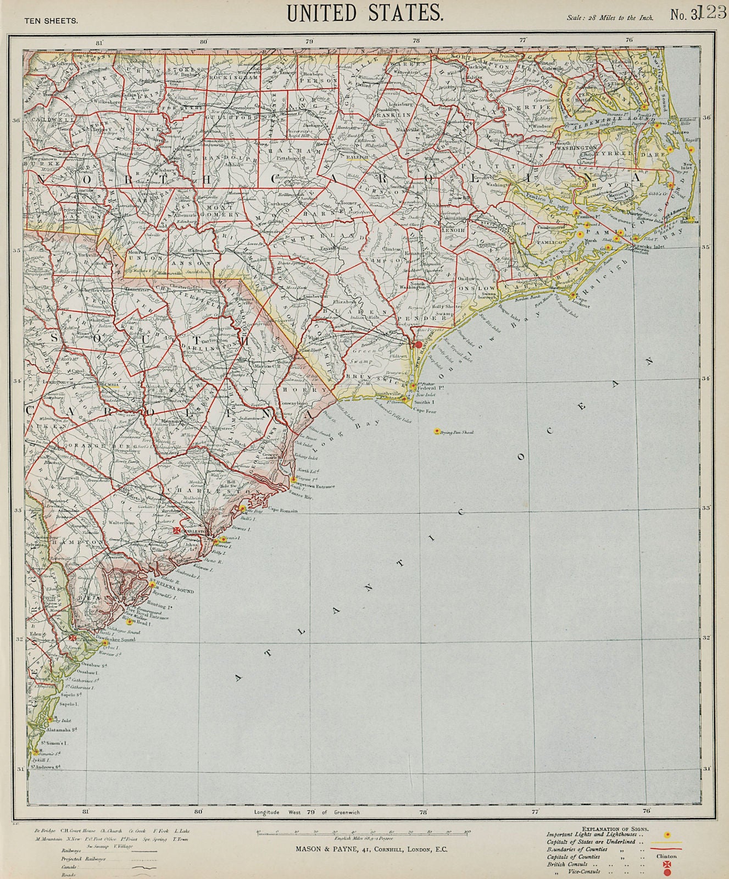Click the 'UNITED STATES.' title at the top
pyautogui.click(x=365, y=13)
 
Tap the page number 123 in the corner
pyautogui.click(x=713, y=12)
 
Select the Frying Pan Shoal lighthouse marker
pyautogui.click(x=437, y=431)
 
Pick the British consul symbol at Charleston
pyautogui.click(x=177, y=531)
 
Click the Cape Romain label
pyautogui.click(x=282, y=510)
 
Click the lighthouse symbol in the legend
pyautogui.click(x=667, y=835)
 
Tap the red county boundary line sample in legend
pyautogui.click(x=666, y=848)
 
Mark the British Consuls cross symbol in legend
pyautogui.click(x=667, y=864)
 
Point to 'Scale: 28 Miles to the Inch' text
pyautogui.click(x=610, y=18)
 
